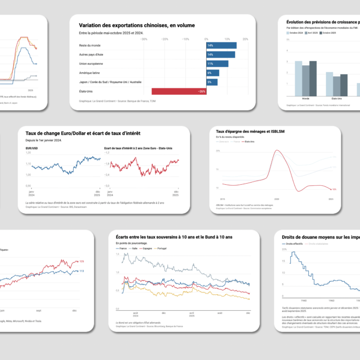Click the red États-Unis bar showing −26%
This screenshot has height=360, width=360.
[x=178, y=91]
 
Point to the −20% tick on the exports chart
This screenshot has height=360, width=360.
[x=164, y=39]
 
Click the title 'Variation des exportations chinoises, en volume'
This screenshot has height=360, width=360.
[x=137, y=25]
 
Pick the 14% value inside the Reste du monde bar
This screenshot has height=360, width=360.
[x=210, y=46]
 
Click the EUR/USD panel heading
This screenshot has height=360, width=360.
[x=31, y=148]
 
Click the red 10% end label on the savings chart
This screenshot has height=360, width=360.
[x=334, y=189]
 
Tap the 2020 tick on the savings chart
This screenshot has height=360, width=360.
[x=277, y=199]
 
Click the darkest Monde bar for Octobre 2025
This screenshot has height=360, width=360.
[x=313, y=78]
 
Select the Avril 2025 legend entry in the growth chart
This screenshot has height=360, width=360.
[x=313, y=32]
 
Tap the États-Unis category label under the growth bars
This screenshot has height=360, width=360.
[x=337, y=98]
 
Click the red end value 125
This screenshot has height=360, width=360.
[x=81, y=261]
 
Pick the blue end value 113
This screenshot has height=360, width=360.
[x=81, y=271]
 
